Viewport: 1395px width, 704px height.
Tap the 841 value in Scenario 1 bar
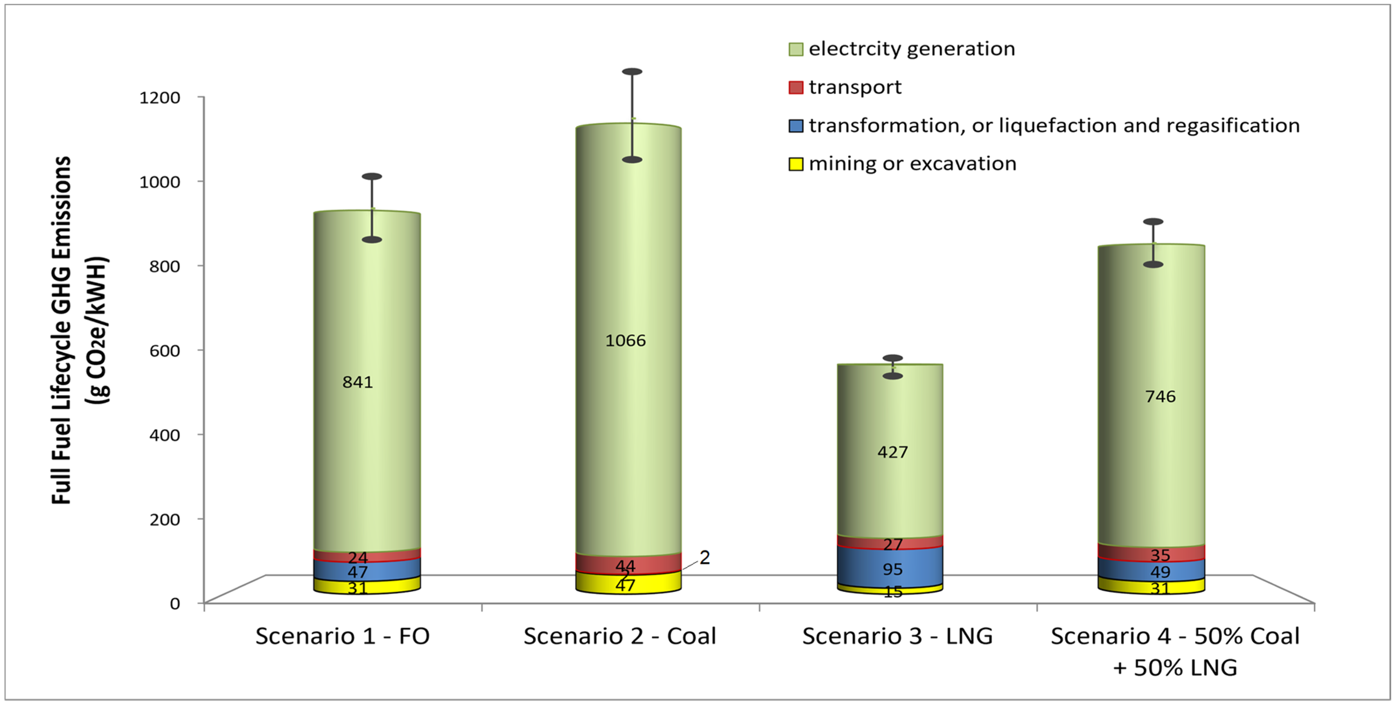pos(358,382)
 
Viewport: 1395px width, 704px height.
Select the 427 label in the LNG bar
pos(892,452)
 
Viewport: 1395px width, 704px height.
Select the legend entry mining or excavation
pos(912,164)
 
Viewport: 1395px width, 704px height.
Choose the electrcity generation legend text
pos(911,49)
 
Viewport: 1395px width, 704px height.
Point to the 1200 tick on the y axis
pos(160,98)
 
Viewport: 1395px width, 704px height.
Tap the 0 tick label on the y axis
pos(174,603)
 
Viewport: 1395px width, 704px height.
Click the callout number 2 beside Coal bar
pos(704,557)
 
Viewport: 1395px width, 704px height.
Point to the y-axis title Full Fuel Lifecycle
pos(61,331)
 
